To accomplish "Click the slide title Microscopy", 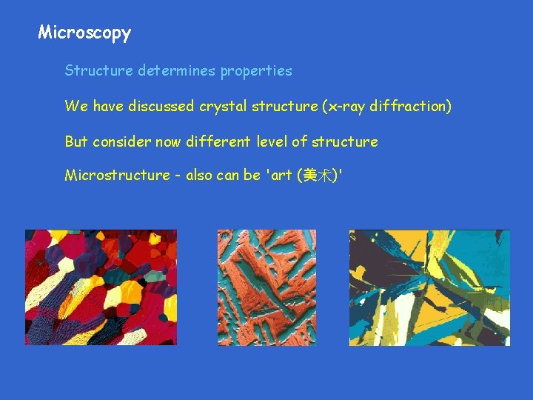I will pyautogui.click(x=84, y=33).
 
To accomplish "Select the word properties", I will pyautogui.click(x=255, y=72).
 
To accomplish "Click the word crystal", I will pyautogui.click(x=222, y=107).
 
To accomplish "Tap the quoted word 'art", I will pyautogui.click(x=280, y=176).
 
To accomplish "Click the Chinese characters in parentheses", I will pyautogui.click(x=316, y=176).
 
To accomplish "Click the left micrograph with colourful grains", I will pyautogui.click(x=101, y=287).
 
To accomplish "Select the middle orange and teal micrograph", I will pyautogui.click(x=266, y=287).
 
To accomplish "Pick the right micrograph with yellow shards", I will pyautogui.click(x=429, y=287).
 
